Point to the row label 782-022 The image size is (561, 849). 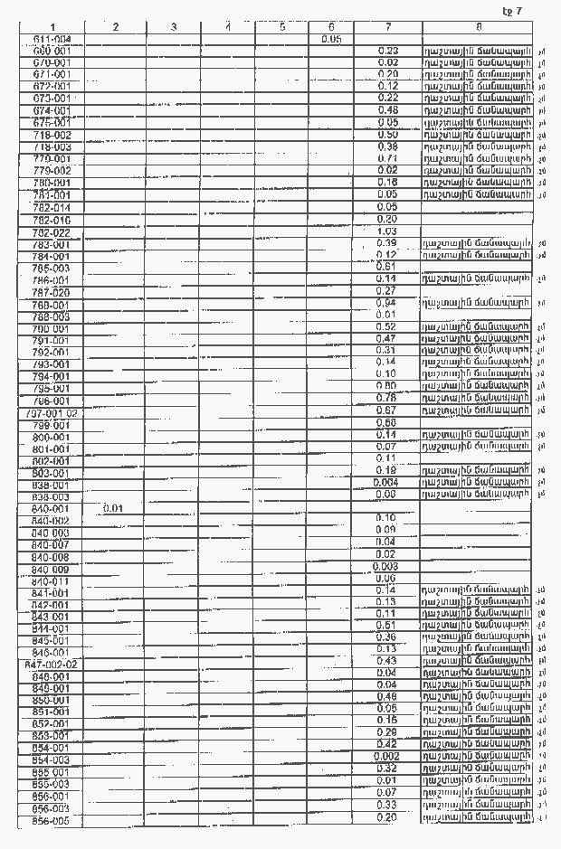[52, 232]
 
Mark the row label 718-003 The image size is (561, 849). [52, 146]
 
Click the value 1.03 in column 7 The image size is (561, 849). [386, 231]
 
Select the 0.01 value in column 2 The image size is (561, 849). [114, 508]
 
